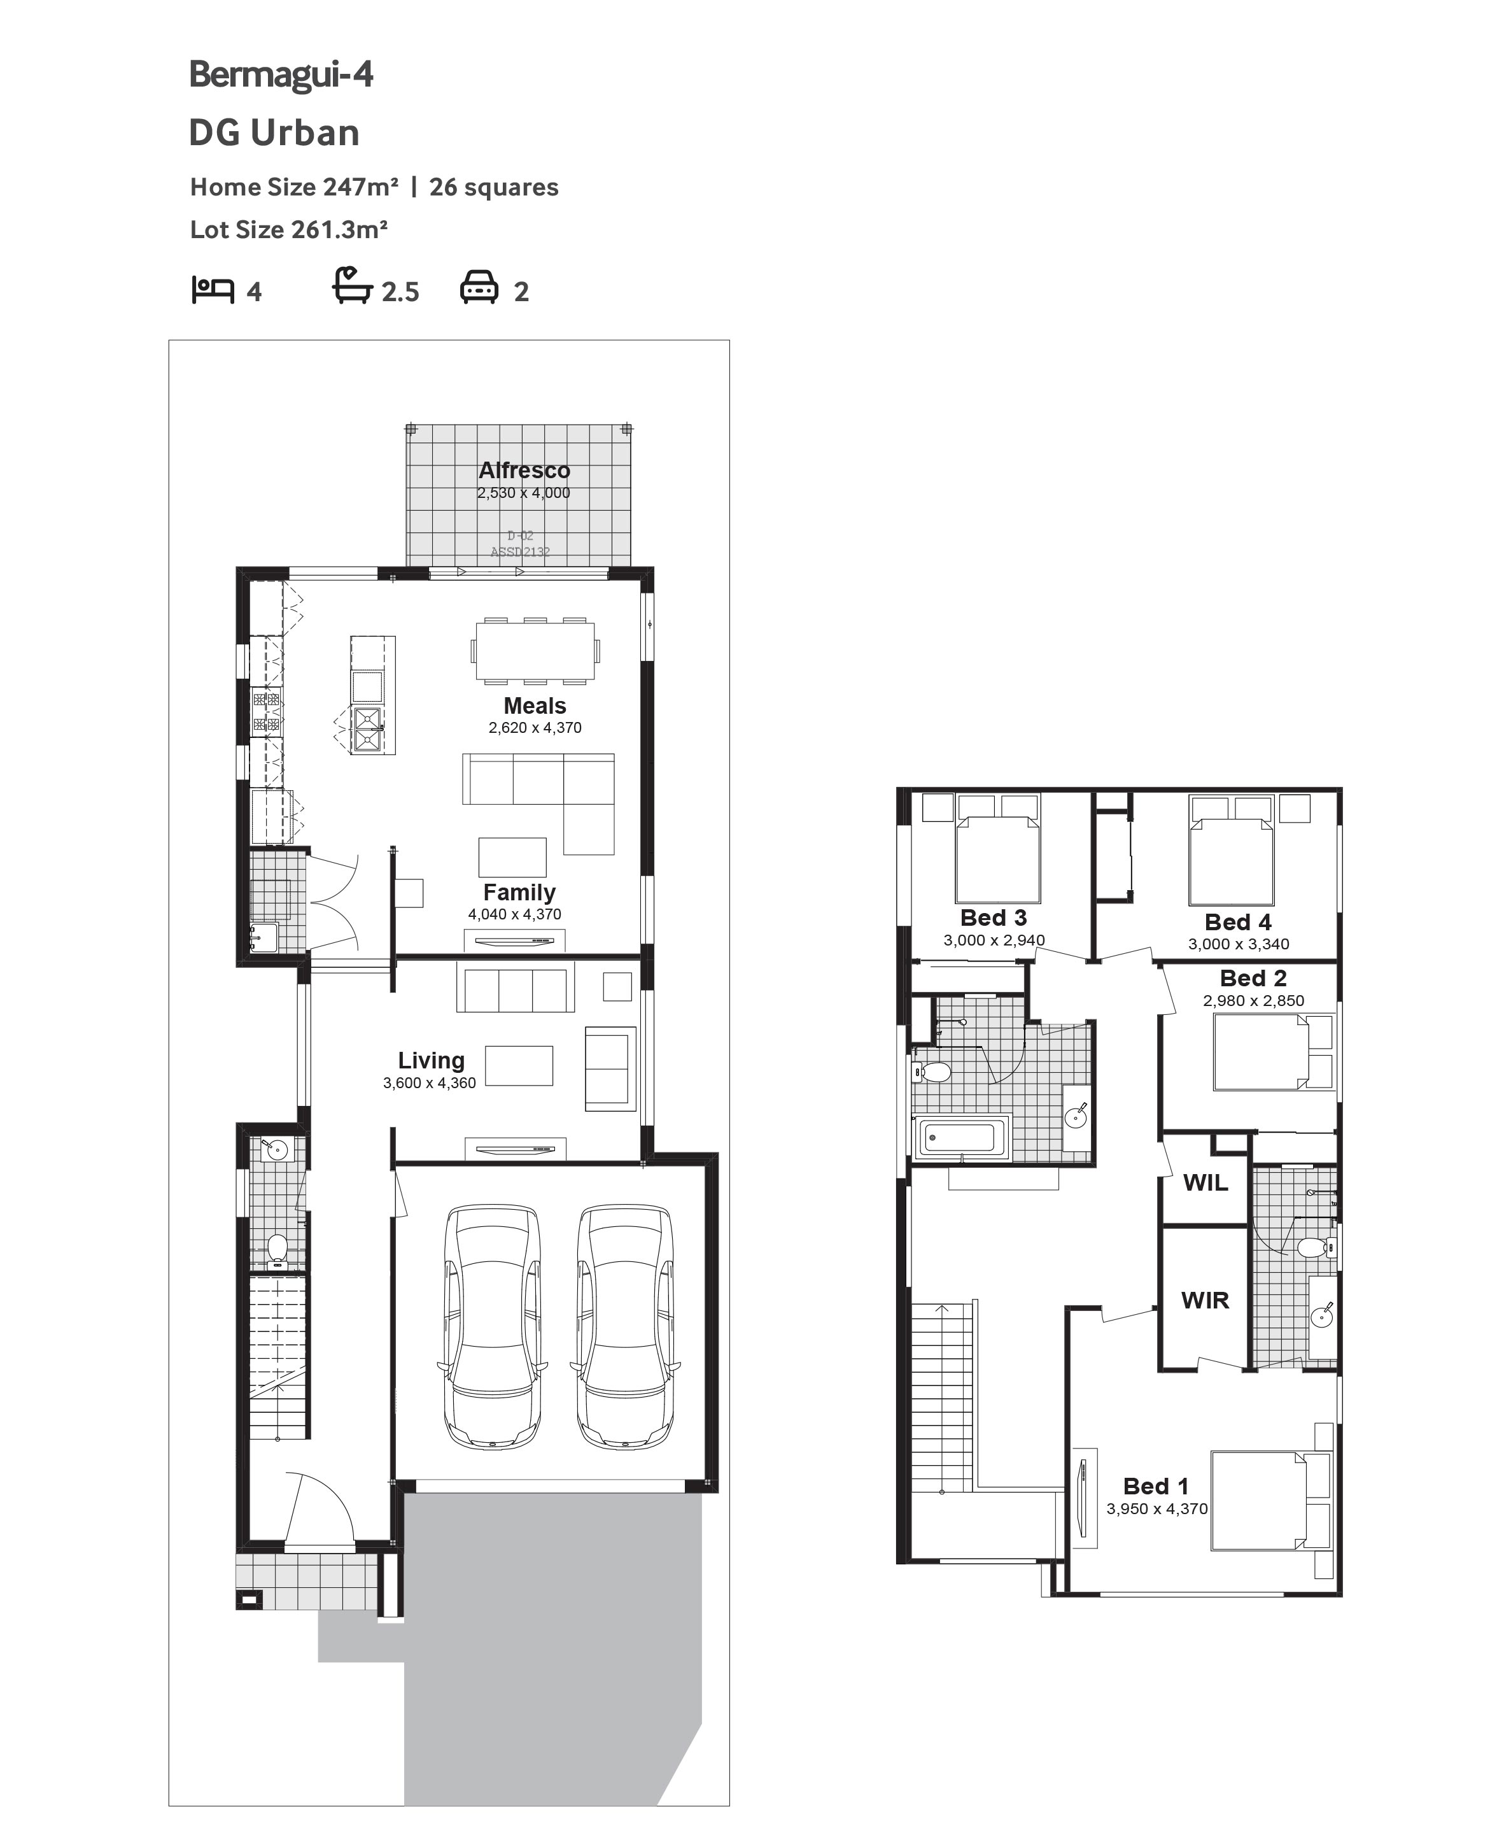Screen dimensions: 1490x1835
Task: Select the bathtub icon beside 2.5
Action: pos(353,286)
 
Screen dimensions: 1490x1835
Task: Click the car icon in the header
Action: pos(479,288)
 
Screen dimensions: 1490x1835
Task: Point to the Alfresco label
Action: pos(524,470)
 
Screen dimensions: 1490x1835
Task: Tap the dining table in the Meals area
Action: pos(535,651)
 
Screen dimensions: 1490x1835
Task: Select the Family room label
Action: pos(519,892)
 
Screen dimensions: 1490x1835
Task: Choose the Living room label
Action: pos(431,1061)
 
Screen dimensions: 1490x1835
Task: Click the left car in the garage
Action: pos(493,1327)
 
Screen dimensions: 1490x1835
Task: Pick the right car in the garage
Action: pos(625,1327)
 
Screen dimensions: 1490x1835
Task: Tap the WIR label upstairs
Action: pos(1205,1300)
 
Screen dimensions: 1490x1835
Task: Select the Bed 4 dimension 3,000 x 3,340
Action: pos(1239,944)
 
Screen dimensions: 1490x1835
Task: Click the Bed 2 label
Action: pos(1253,978)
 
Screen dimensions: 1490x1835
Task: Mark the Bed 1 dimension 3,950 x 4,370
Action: pos(1157,1509)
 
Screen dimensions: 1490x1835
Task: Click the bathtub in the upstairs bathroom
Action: pos(962,1138)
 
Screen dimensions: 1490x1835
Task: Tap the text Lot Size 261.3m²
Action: pos(288,230)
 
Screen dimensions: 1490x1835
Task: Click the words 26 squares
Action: pos(493,187)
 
